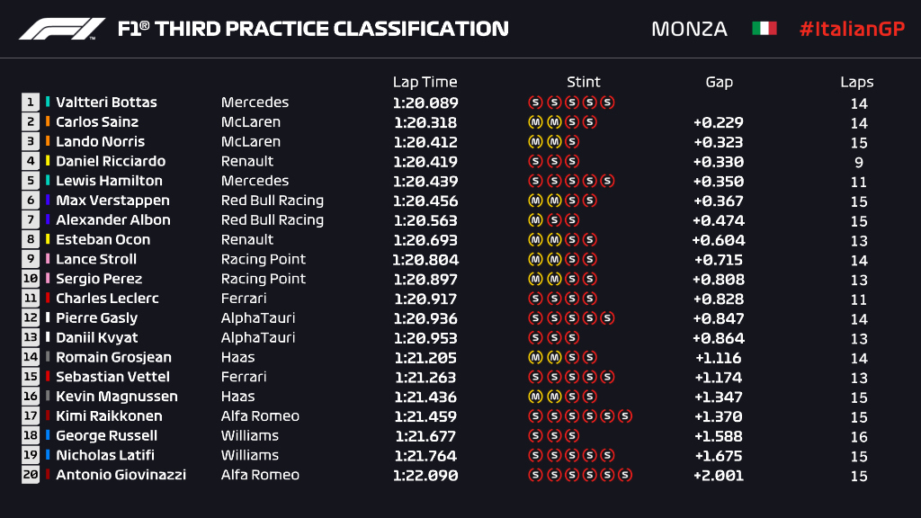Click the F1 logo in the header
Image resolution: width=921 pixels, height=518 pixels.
coord(62,29)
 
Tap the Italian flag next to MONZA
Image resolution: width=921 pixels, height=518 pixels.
coord(764,29)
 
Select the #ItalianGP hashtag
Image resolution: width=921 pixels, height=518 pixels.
coord(852,29)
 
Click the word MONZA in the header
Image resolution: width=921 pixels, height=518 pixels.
coord(689,29)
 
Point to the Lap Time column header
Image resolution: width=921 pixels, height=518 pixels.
coord(425,82)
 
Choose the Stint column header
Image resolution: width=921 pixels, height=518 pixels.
coord(584,82)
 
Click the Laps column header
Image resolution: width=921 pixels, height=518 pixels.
coord(857,82)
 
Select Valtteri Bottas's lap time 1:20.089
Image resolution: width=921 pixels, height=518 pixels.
coord(425,103)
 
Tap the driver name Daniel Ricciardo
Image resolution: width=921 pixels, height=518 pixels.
coord(111,162)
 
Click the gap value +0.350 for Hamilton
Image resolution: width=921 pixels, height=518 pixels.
coord(719,182)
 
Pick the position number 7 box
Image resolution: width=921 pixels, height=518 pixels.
coord(31,220)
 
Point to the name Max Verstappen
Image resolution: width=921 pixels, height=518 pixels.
coord(112,201)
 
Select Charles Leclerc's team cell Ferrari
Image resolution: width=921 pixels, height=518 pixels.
coord(244,299)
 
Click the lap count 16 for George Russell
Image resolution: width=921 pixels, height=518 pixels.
coord(859,437)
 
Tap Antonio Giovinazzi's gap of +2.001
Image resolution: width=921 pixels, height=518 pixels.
coord(719,476)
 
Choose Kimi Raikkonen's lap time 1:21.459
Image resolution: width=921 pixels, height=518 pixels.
coord(425,416)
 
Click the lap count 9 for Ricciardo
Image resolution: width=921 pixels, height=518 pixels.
coord(859,163)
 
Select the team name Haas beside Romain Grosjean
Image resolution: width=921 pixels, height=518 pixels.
coord(237,358)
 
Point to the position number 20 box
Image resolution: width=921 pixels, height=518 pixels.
coord(31,476)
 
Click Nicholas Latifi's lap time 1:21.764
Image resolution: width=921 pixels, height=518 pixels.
coord(425,456)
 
